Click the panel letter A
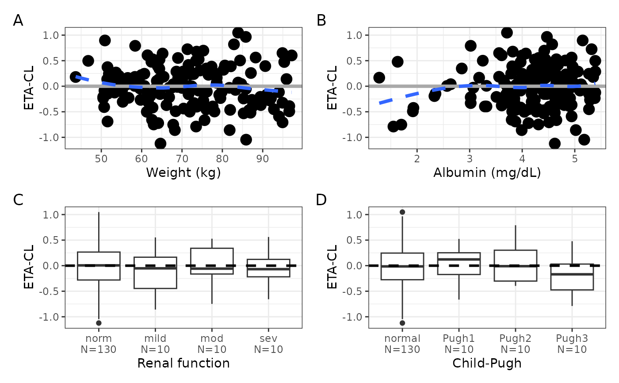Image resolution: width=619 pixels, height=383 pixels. [x=18, y=21]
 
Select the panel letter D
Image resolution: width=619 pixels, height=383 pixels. [x=321, y=200]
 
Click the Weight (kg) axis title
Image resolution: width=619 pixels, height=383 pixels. [x=183, y=173]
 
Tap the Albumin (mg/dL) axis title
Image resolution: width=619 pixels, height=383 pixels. [x=487, y=173]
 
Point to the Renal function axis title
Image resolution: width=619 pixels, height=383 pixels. [x=183, y=363]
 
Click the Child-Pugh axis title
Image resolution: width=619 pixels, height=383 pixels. [x=487, y=364]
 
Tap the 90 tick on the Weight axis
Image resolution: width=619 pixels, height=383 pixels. [x=262, y=159]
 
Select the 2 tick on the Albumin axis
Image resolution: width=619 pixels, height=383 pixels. [x=417, y=159]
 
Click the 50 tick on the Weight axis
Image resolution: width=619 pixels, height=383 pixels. [x=101, y=159]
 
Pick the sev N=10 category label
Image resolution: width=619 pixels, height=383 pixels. [x=268, y=344]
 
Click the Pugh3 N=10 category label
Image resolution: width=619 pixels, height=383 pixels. [x=572, y=344]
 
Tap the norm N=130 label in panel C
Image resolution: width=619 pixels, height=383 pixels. [x=99, y=344]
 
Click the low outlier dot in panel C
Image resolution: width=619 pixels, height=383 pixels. [x=99, y=323]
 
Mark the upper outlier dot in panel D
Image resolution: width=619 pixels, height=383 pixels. [x=402, y=212]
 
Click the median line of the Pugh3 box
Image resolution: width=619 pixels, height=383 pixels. [x=572, y=274]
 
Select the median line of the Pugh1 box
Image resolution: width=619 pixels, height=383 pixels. [x=459, y=259]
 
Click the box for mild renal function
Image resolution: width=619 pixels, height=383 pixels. [x=155, y=273]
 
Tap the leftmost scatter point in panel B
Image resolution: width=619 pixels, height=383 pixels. [x=379, y=78]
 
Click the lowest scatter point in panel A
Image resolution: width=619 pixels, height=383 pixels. [x=160, y=144]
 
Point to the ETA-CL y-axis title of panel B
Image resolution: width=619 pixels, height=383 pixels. [x=332, y=88]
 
